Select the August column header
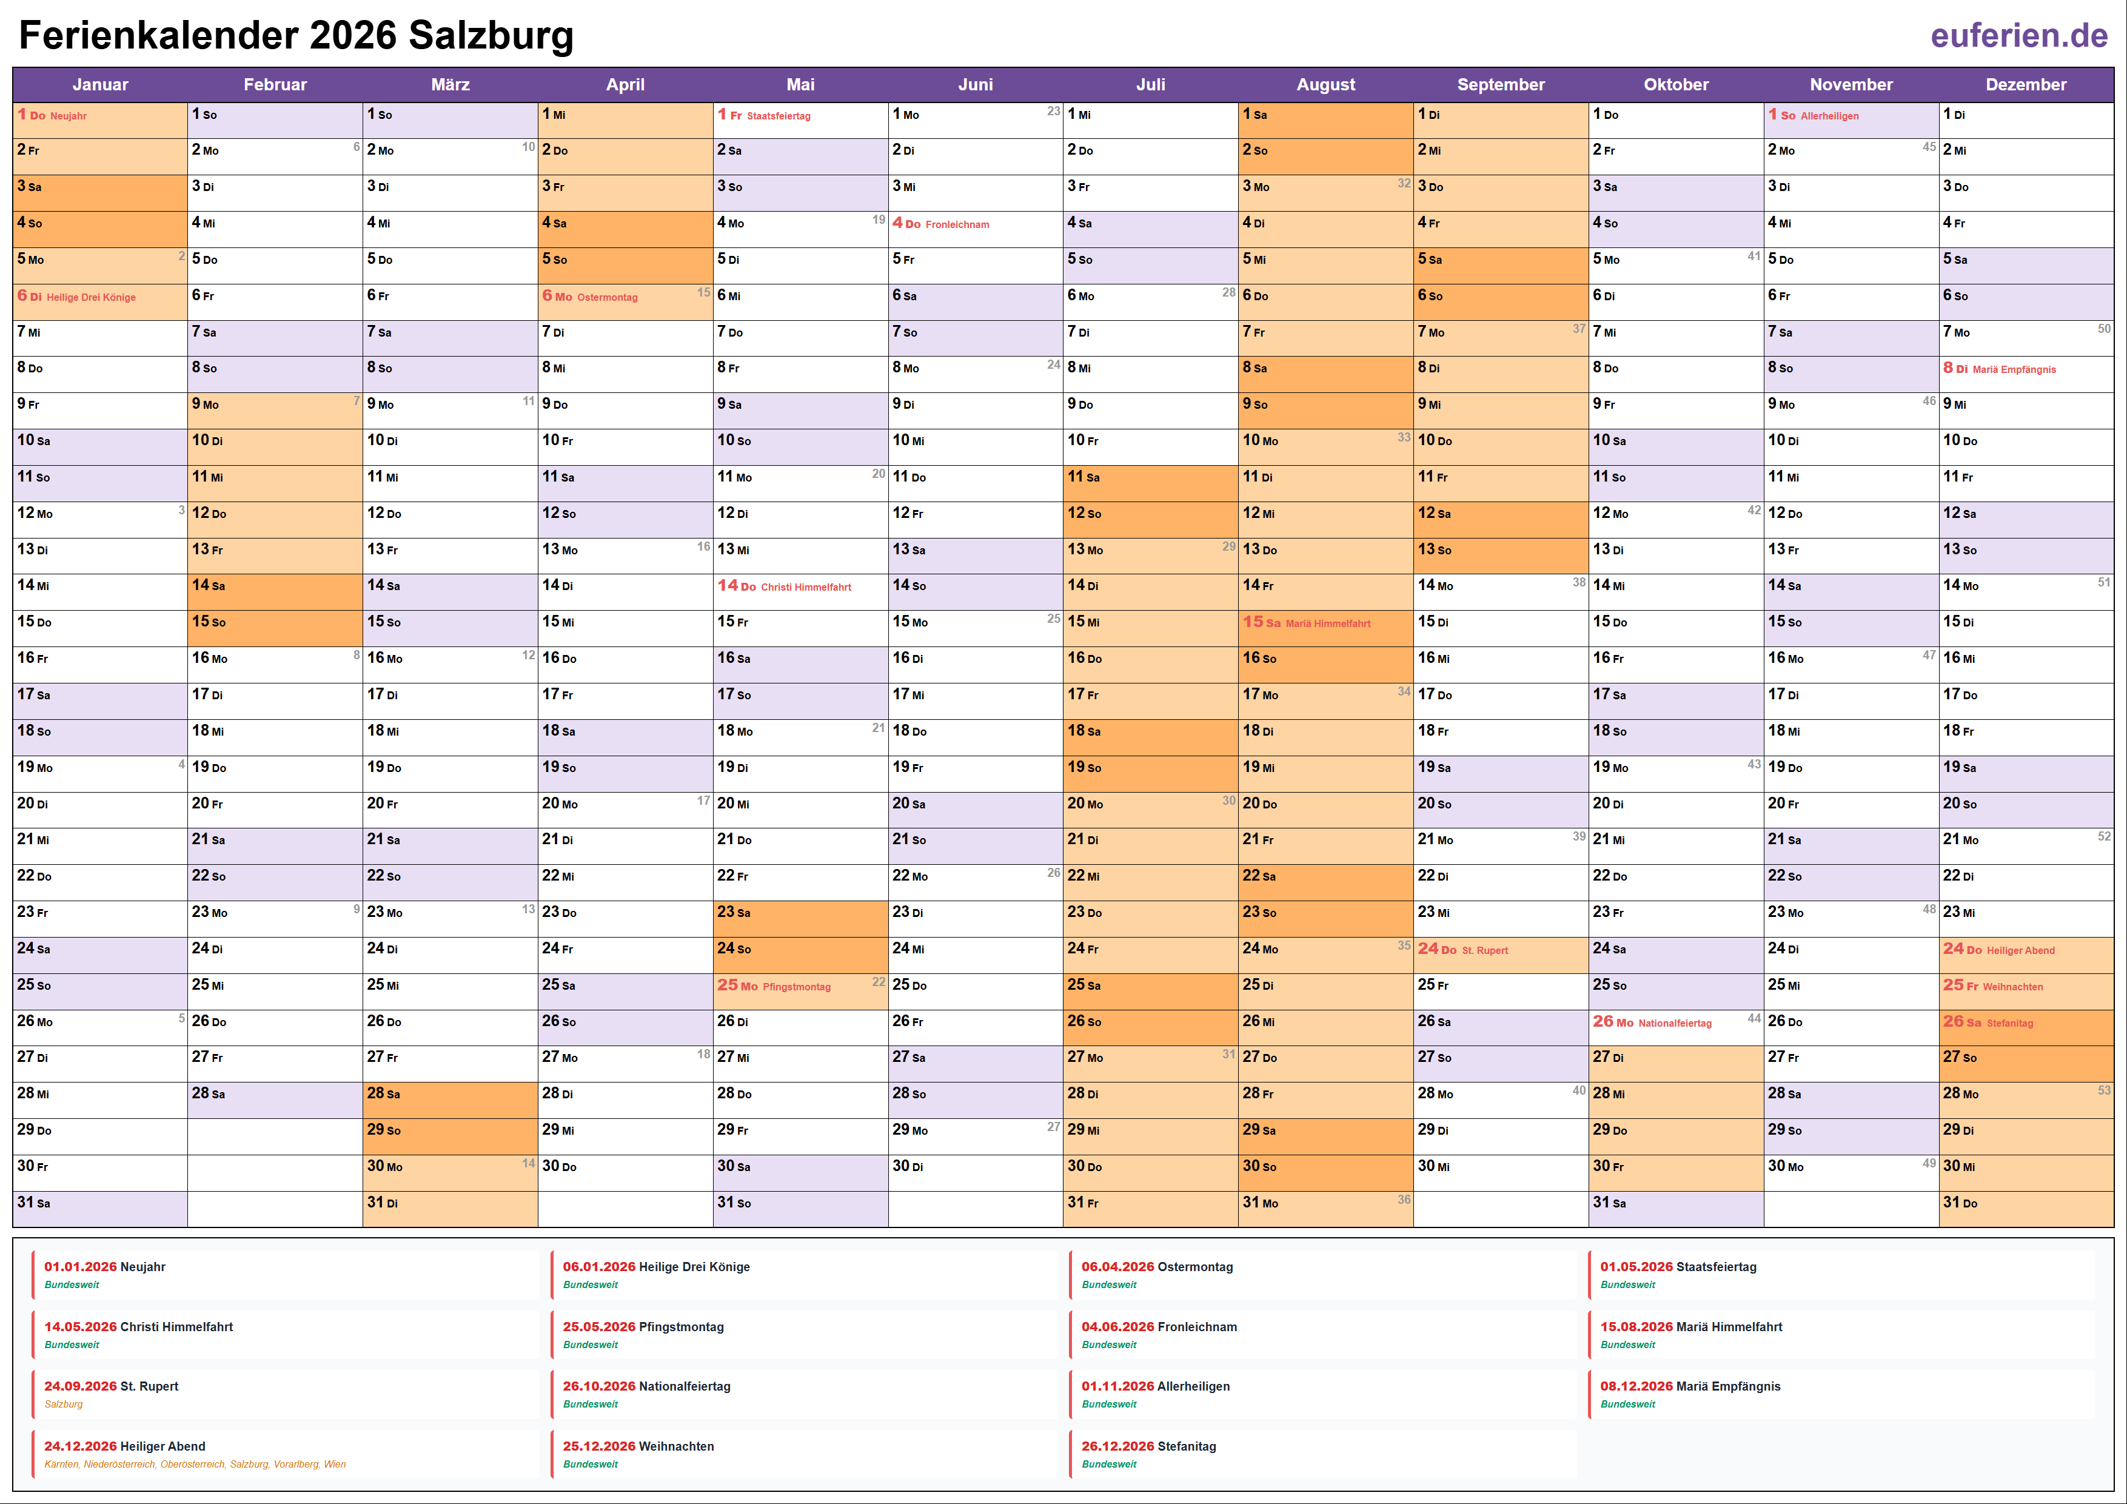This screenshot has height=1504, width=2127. (x=1325, y=84)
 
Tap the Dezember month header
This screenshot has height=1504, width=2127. (x=2026, y=84)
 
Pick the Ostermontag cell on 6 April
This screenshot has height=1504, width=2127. (x=607, y=297)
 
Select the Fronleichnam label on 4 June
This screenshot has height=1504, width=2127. (x=957, y=224)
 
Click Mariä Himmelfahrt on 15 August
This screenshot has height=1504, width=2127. (x=1327, y=623)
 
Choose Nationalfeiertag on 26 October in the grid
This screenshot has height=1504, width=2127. (x=1674, y=1023)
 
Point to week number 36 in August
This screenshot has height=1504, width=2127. (x=1404, y=1199)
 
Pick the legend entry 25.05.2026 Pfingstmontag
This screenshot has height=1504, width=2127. (x=643, y=1327)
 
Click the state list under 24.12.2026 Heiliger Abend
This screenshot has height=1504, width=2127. (x=195, y=1464)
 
